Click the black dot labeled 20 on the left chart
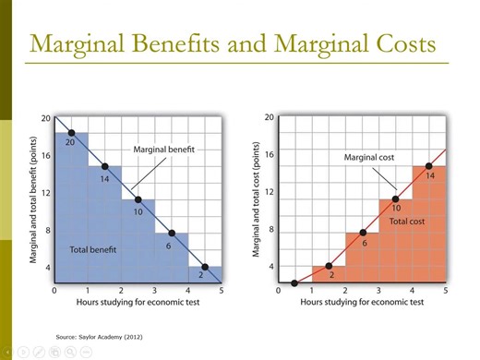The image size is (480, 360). (71, 132)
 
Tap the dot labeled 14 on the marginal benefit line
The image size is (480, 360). (104, 166)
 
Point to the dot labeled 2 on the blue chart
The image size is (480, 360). (205, 268)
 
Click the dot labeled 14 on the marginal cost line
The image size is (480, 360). (429, 166)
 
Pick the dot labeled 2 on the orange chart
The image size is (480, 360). (329, 266)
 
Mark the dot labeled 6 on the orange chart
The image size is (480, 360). (363, 233)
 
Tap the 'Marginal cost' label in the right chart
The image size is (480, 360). (369, 158)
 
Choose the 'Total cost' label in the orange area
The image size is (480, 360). (406, 222)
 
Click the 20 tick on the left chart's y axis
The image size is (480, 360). (45, 117)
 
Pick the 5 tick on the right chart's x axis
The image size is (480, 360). (446, 291)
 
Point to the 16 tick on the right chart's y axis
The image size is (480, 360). (270, 155)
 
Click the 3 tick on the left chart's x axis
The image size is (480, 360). (155, 291)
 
